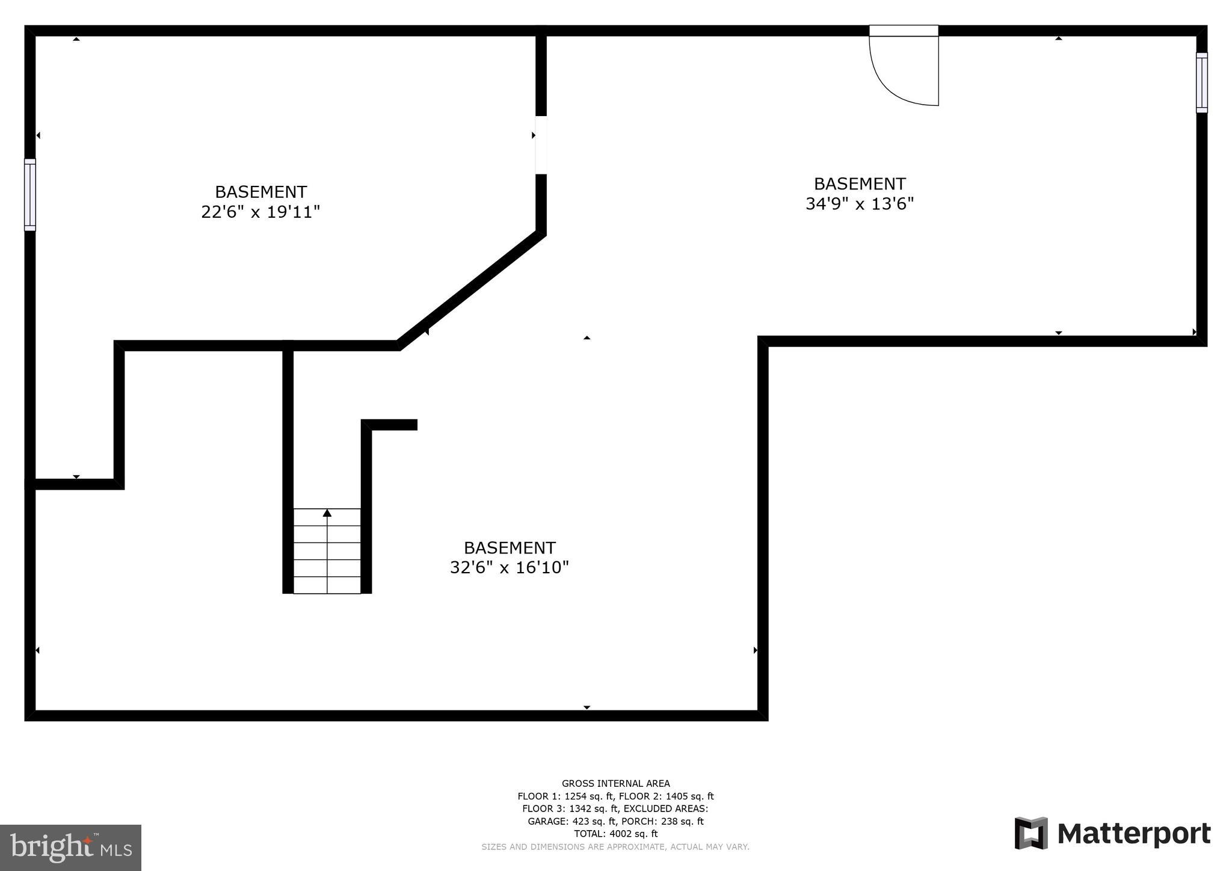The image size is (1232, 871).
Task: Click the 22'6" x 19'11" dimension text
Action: [260, 212]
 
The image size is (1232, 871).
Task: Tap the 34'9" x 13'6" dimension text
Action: [860, 205]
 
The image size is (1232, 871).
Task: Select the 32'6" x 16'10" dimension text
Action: [510, 568]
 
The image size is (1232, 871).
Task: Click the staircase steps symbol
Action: [327, 551]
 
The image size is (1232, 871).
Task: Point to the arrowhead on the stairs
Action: [327, 513]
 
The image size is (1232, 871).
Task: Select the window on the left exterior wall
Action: [30, 194]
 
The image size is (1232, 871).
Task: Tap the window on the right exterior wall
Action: [1201, 82]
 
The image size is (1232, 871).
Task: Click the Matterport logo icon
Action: [1031, 833]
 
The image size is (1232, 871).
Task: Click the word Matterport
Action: [1134, 834]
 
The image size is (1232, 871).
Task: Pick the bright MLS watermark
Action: [71, 848]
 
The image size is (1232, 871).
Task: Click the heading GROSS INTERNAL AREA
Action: [615, 783]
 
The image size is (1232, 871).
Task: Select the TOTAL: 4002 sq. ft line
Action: [615, 834]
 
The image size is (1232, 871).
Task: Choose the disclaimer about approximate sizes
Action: [615, 847]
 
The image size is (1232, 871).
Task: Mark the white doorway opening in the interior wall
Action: [541, 145]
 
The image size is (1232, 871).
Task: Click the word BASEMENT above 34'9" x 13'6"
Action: [860, 184]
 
